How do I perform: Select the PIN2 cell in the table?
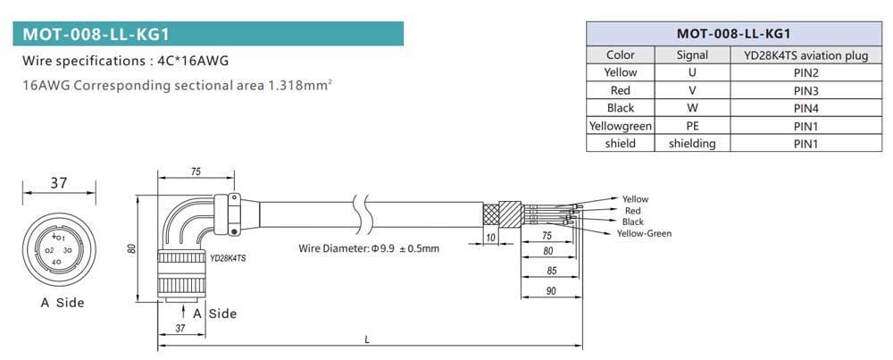tap(805, 72)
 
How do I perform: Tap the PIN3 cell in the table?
tap(805, 90)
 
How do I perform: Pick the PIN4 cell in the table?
tap(805, 107)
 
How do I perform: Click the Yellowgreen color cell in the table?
tap(620, 125)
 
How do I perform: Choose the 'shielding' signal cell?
tap(692, 143)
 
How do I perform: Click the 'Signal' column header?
tap(692, 55)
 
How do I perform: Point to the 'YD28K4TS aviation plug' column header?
tap(805, 55)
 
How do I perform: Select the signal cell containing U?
tap(692, 72)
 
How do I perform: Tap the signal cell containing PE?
tap(692, 125)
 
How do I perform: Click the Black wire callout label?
tap(632, 222)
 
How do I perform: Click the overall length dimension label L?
tap(368, 339)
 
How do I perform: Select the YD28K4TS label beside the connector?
tap(228, 257)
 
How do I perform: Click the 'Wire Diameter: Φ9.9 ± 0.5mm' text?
tap(369, 247)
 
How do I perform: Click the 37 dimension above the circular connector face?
tap(58, 182)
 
